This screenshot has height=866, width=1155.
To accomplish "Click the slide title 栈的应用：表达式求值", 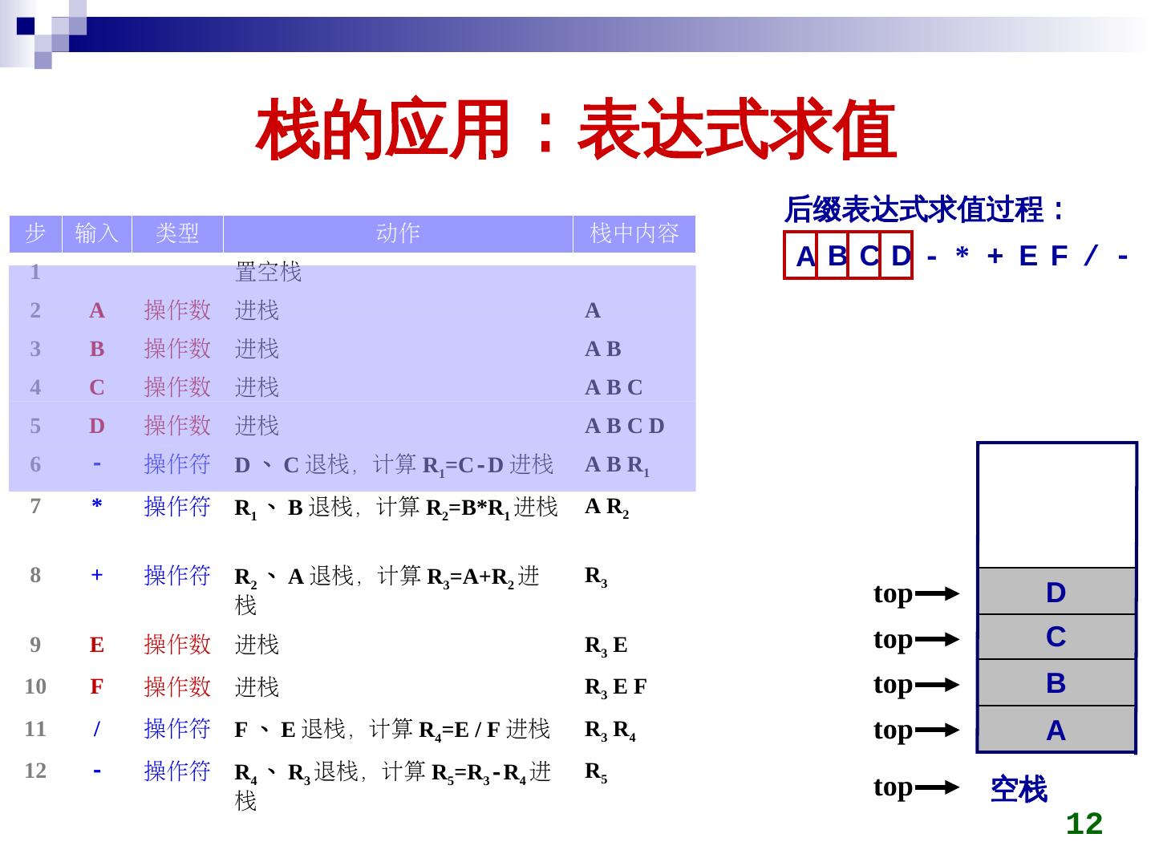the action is (x=574, y=130).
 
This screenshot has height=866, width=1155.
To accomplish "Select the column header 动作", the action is (x=398, y=233).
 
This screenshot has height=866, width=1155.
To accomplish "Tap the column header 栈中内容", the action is (x=634, y=233).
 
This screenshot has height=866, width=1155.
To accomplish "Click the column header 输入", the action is (x=97, y=233).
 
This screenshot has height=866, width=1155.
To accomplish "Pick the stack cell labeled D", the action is (x=1056, y=593).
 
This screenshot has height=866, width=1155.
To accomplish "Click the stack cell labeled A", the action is (x=1056, y=730).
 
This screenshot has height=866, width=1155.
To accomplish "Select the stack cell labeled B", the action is (x=1056, y=683).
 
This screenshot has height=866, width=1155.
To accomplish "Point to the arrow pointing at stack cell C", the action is (x=937, y=640).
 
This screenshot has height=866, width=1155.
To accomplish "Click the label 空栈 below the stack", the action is (x=1019, y=790).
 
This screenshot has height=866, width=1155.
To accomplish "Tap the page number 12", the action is (x=1084, y=824).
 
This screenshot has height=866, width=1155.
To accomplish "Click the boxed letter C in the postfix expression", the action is (x=868, y=257).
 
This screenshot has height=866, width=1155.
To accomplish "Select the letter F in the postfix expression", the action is (x=1059, y=257).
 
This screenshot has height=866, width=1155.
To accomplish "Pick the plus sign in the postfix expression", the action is (x=995, y=257).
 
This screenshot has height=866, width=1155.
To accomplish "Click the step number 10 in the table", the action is (x=35, y=686).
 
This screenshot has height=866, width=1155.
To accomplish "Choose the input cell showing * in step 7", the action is (x=97, y=506).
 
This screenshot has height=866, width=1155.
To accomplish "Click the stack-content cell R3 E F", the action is (x=615, y=687).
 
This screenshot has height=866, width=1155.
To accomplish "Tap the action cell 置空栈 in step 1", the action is (x=268, y=273).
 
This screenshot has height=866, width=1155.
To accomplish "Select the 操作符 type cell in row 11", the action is (x=176, y=729).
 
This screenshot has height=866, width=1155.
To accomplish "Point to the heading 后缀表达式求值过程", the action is (x=923, y=210).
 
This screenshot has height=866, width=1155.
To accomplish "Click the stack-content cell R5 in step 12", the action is (x=596, y=772).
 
